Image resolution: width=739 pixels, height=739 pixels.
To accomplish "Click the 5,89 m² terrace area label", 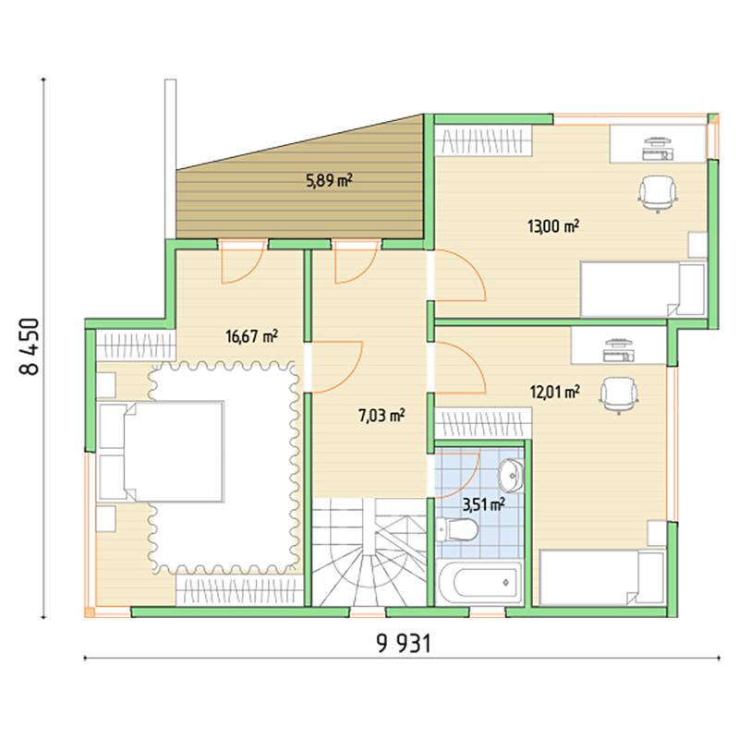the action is click(330, 180).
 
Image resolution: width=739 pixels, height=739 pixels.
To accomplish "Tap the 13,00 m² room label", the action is click(552, 226).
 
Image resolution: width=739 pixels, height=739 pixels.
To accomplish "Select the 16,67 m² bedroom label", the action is click(251, 336).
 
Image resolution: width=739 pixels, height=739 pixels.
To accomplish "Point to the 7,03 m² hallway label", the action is click(382, 416).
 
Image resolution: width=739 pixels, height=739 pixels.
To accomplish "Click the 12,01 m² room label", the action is click(555, 392).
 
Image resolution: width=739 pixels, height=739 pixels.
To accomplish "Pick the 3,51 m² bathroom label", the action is click(483, 505).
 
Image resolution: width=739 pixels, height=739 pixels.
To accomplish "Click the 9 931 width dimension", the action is click(405, 643).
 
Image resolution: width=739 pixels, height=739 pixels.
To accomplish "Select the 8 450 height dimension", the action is click(30, 346).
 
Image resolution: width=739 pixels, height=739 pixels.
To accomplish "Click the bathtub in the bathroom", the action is click(479, 583).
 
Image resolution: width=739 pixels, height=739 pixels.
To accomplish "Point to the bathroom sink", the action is click(512, 474).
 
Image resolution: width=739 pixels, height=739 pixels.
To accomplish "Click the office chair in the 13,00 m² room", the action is click(658, 194).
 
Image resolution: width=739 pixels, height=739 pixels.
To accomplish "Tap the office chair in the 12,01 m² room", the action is click(619, 395).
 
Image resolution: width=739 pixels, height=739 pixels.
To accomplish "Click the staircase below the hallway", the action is click(369, 552).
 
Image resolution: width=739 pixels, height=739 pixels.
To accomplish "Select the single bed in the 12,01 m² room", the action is click(602, 577).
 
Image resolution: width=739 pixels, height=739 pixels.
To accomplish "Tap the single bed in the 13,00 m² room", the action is click(643, 289).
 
